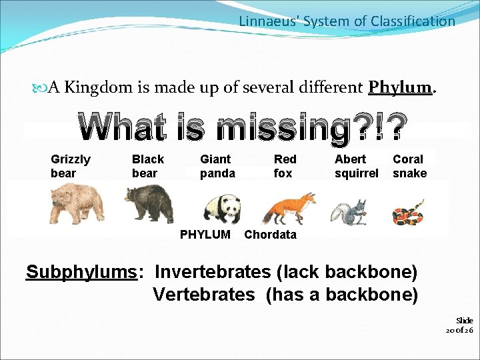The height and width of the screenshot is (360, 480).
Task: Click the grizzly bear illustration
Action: pos(77,203)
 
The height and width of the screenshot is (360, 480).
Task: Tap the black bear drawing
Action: pos(149,203)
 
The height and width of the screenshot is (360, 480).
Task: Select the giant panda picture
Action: pos(221,208)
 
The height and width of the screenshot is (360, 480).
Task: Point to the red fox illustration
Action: pos(289,208)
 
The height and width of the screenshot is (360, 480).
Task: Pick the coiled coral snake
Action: pos(408,213)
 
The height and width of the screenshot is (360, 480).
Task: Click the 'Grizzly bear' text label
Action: pos(71,166)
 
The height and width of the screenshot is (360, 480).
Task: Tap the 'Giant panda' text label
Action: pos(217,166)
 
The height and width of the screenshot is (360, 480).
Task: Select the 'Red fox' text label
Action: pos(285,166)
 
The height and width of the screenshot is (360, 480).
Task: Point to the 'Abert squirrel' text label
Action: pos(356,166)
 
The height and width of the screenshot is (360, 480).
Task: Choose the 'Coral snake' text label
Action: pos(409,166)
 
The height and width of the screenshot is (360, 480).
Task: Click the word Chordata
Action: pos(270,235)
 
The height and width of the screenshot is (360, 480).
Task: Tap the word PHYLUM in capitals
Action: pos(205,235)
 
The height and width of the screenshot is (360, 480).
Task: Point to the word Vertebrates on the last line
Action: pos(204,294)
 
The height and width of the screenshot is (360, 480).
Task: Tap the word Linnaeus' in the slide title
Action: pos(269,21)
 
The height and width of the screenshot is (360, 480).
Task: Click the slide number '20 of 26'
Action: pos(459,325)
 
